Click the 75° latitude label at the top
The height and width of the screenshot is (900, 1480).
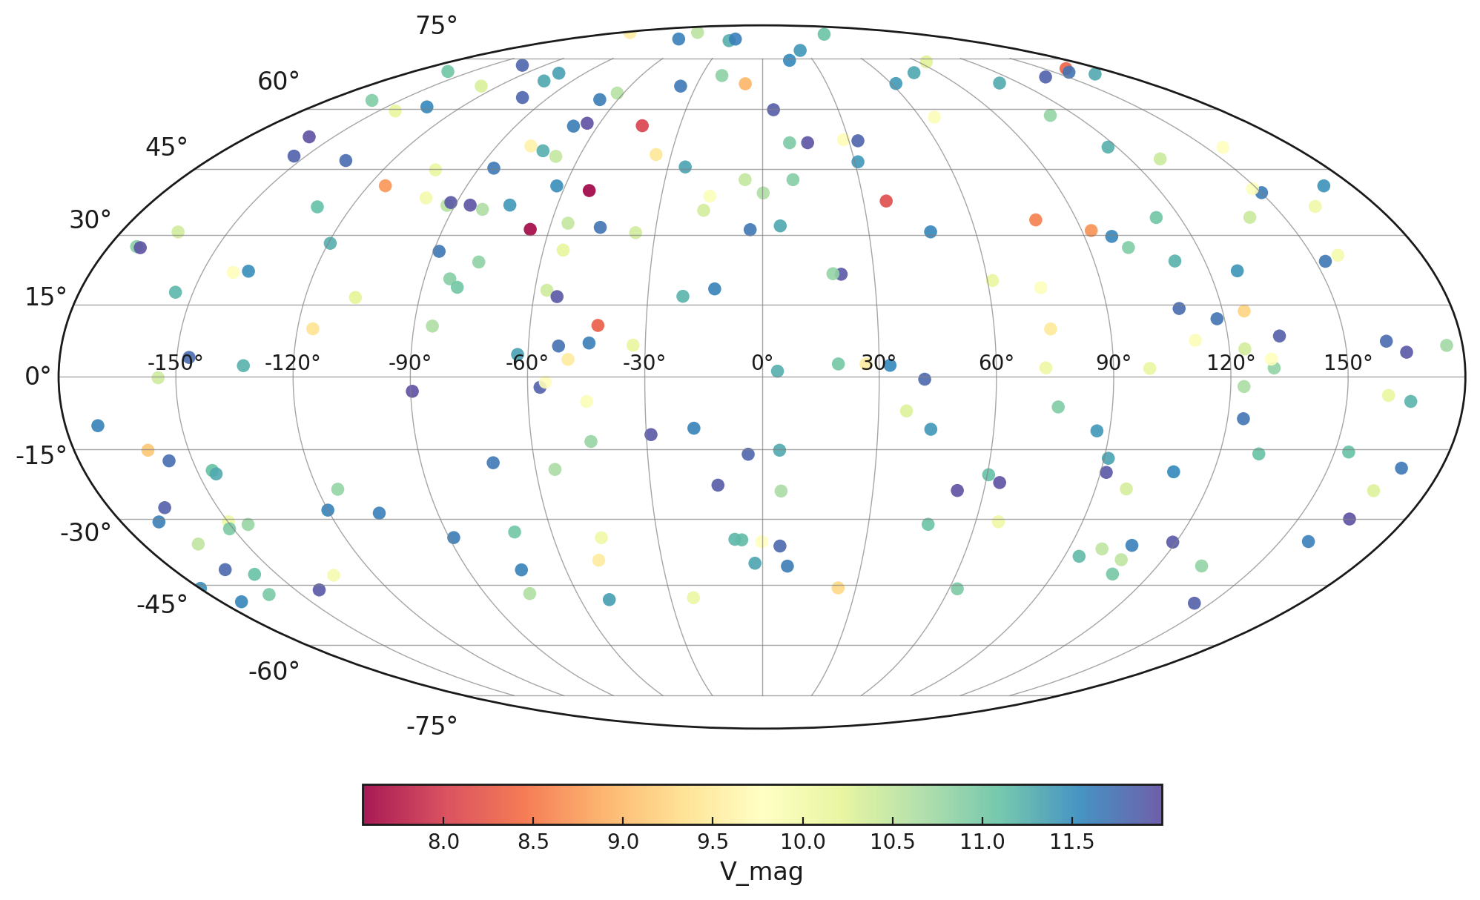coord(436,26)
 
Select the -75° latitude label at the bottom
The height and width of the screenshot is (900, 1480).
coord(432,727)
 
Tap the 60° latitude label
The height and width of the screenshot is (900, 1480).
coord(279,82)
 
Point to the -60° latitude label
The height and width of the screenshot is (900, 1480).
coord(274,672)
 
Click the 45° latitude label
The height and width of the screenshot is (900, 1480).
coord(166,148)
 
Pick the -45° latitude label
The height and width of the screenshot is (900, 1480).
coord(162,605)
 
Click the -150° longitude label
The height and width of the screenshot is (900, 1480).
coord(175,363)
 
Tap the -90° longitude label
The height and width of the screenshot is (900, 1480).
coord(410,363)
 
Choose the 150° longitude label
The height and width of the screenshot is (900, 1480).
coord(1348,363)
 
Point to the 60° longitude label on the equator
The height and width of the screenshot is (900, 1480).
coord(996,363)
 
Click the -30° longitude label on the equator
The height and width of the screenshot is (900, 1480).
coord(644,363)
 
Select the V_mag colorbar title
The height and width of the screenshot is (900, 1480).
coord(762,873)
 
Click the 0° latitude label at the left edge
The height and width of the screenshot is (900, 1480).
coord(38,377)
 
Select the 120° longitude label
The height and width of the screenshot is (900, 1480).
coord(1231,363)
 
